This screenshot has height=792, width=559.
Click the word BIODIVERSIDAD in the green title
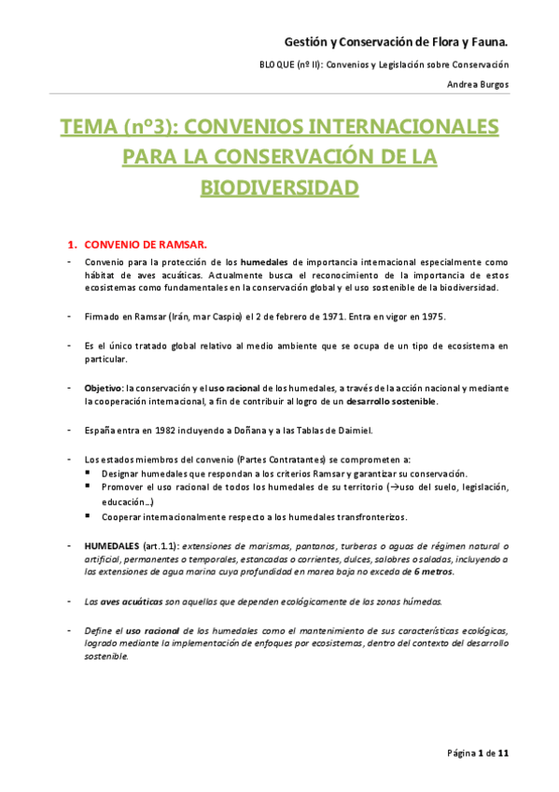[x=280, y=187]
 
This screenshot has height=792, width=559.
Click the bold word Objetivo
[x=103, y=388]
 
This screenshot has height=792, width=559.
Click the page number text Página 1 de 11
[x=477, y=753]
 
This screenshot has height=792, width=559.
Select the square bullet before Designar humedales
[x=87, y=473]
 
